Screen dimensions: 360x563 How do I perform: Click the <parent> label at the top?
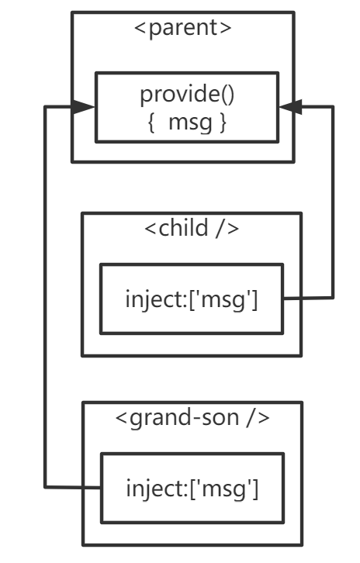[183, 28]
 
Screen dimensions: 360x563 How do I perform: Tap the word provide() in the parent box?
[187, 94]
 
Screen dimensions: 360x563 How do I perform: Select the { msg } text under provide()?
[187, 122]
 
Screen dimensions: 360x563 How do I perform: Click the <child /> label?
[192, 228]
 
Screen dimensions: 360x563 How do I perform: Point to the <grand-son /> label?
[192, 417]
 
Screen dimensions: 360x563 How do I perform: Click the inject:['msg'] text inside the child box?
[192, 299]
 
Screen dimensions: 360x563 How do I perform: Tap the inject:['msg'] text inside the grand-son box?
[192, 489]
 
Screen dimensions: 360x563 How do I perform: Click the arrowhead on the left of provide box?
[84, 107]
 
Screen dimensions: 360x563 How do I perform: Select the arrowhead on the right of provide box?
[290, 107]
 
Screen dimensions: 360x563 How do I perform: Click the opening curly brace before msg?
[151, 123]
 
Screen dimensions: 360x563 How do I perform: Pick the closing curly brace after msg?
[223, 123]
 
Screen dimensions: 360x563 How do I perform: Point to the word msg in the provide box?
[190, 123]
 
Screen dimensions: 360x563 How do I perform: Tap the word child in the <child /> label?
[183, 227]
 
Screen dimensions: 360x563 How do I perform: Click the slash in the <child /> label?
[220, 228]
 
